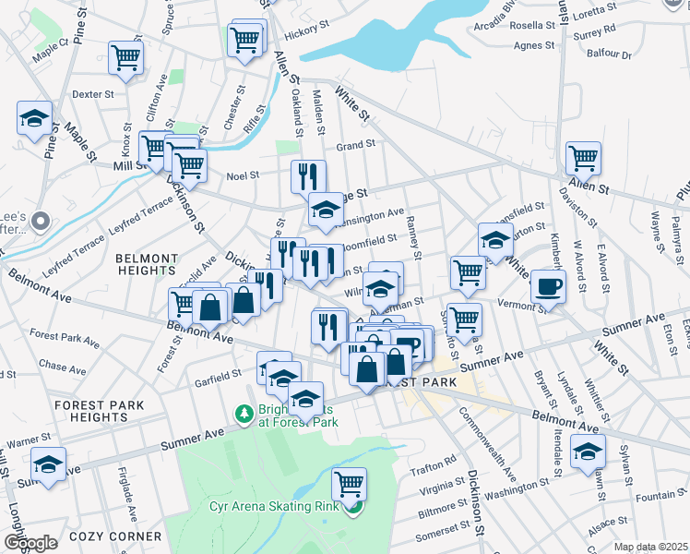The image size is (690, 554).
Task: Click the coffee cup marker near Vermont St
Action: (x=549, y=287)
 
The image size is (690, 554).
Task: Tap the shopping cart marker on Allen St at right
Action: (x=584, y=158)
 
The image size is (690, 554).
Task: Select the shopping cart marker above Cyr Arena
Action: (x=349, y=483)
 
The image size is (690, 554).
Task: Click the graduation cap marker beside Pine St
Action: (x=34, y=118)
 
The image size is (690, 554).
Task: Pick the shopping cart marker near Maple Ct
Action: (x=125, y=57)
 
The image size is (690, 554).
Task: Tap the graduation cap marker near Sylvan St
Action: (x=587, y=452)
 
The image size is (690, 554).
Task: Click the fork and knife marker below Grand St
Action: (x=308, y=175)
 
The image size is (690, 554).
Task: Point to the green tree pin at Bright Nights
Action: (x=244, y=414)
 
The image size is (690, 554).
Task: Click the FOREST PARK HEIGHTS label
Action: (x=97, y=411)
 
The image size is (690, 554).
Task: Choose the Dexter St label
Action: (x=92, y=94)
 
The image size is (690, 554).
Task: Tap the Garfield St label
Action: (x=217, y=379)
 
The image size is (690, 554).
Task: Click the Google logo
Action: (x=30, y=542)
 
